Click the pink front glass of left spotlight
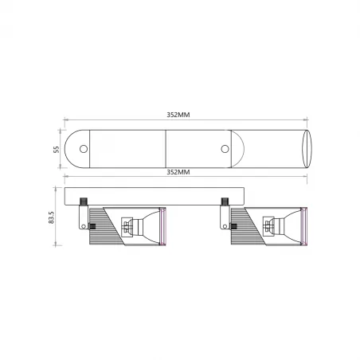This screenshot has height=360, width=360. (162, 228)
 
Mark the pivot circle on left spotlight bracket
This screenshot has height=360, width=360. (84, 226)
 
